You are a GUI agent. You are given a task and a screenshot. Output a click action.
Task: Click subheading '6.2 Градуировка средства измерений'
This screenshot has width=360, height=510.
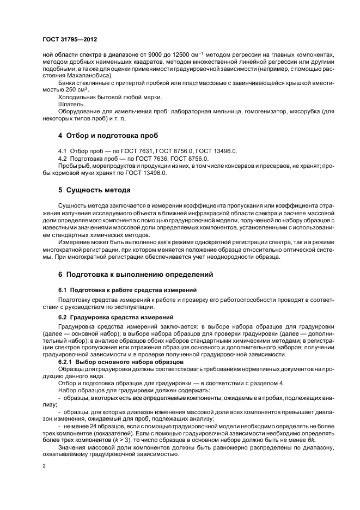tap(115, 317)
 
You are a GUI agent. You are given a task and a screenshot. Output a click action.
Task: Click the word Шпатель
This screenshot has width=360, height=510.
tap(71, 103)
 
